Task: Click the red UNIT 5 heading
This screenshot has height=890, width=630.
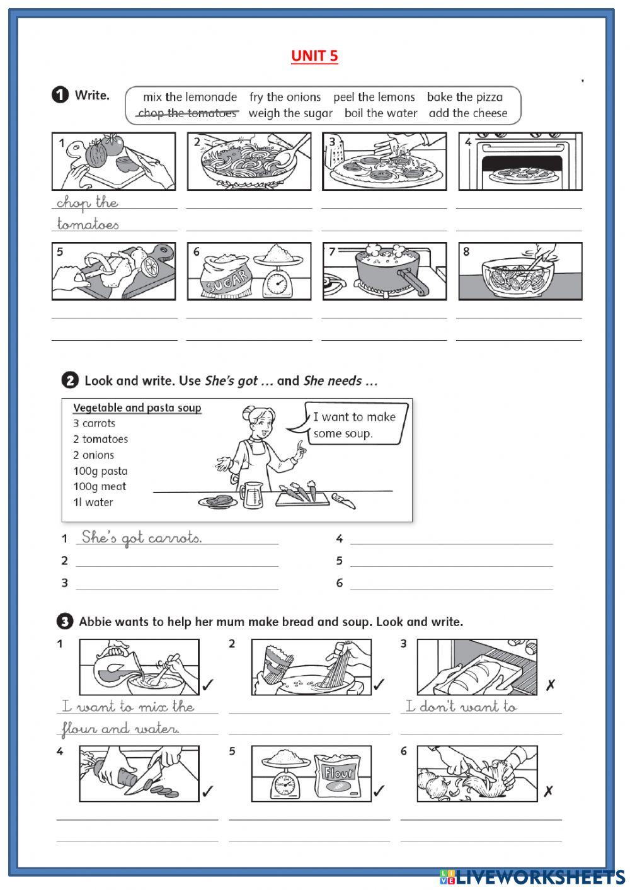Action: (x=314, y=56)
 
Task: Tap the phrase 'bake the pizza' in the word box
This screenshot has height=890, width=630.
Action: (x=464, y=97)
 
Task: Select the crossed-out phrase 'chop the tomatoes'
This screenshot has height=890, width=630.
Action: (x=187, y=113)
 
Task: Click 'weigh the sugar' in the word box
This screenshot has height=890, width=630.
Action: (x=290, y=113)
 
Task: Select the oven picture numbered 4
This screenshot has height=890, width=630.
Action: (x=520, y=162)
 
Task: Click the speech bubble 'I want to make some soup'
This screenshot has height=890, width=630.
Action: (x=354, y=425)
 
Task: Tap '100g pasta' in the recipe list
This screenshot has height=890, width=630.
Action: (x=100, y=471)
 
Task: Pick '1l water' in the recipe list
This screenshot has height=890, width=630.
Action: (x=93, y=503)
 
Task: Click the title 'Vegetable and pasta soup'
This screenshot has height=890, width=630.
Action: (x=137, y=408)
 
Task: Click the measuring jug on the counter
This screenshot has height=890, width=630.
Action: (x=252, y=494)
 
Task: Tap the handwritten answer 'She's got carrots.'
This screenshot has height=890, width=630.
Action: (x=142, y=537)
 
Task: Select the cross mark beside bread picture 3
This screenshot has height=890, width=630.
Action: (x=550, y=685)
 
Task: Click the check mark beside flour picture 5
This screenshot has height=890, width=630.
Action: (x=379, y=791)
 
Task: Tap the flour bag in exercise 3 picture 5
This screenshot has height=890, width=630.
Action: (x=341, y=775)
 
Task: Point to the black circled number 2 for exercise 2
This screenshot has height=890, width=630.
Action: (x=70, y=380)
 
